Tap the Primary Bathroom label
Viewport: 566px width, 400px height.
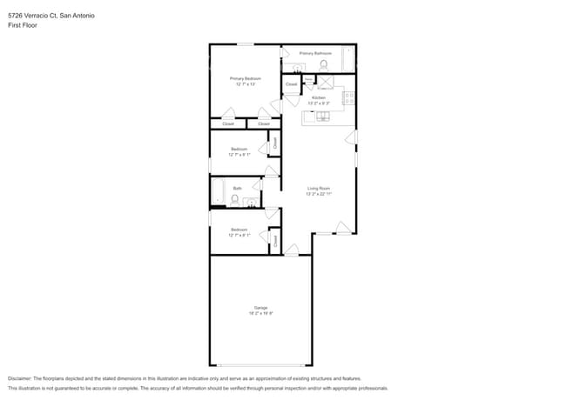click(x=316, y=53)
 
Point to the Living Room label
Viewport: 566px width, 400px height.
click(x=318, y=188)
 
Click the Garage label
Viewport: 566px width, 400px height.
click(x=260, y=307)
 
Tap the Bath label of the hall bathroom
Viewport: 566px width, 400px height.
click(x=237, y=188)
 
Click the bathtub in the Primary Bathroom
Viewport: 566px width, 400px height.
click(x=348, y=61)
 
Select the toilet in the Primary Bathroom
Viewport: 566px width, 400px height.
click(x=323, y=65)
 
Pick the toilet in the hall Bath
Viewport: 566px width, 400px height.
click(x=234, y=199)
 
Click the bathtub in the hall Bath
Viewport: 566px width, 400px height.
click(x=218, y=190)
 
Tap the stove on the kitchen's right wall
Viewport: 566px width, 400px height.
click(x=349, y=97)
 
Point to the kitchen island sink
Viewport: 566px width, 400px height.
click(x=321, y=116)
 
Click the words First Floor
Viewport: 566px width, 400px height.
click(x=23, y=25)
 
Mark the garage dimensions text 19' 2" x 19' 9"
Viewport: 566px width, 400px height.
click(x=260, y=313)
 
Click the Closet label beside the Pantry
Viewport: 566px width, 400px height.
click(x=291, y=84)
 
